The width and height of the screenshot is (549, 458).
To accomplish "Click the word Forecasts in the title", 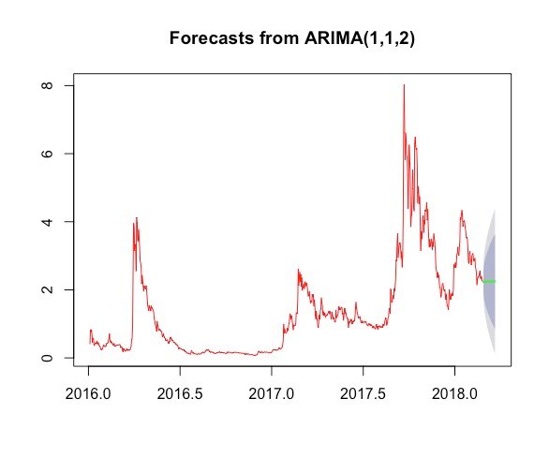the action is pyautogui.click(x=212, y=37).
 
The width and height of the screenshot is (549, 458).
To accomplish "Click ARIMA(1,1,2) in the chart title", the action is pyautogui.click(x=360, y=38).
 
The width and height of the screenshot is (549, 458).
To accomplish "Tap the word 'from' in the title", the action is pyautogui.click(x=279, y=37).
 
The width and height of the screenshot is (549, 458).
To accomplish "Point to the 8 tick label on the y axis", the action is pyautogui.click(x=47, y=85).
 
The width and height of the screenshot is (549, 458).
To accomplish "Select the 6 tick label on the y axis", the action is pyautogui.click(x=47, y=154).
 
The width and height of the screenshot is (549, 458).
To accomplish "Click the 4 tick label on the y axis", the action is pyautogui.click(x=47, y=222).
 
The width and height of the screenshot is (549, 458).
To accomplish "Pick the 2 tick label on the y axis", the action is pyautogui.click(x=47, y=289).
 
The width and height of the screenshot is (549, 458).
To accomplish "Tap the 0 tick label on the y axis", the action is pyautogui.click(x=47, y=358).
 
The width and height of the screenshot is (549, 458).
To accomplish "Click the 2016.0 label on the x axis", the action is pyautogui.click(x=88, y=394).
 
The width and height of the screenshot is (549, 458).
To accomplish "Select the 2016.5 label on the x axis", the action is pyautogui.click(x=180, y=394).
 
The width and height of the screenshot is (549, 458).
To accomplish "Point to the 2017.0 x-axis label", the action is pyautogui.click(x=272, y=394).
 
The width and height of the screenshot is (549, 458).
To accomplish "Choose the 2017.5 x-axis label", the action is pyautogui.click(x=364, y=394).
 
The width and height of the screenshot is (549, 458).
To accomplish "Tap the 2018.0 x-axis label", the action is pyautogui.click(x=454, y=394).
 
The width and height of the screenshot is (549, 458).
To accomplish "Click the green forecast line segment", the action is pyautogui.click(x=489, y=282).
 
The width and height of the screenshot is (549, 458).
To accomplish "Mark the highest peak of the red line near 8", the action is pyautogui.click(x=404, y=85).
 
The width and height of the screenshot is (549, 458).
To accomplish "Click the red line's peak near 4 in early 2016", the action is pyautogui.click(x=137, y=218).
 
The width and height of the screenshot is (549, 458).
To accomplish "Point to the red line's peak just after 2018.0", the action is pyautogui.click(x=462, y=211).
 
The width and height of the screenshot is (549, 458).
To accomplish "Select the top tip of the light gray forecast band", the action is pyautogui.click(x=495, y=211).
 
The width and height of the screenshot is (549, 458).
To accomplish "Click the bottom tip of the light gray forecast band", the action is pyautogui.click(x=495, y=352).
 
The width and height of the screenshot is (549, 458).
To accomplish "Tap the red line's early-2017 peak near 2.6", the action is pyautogui.click(x=298, y=270).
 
